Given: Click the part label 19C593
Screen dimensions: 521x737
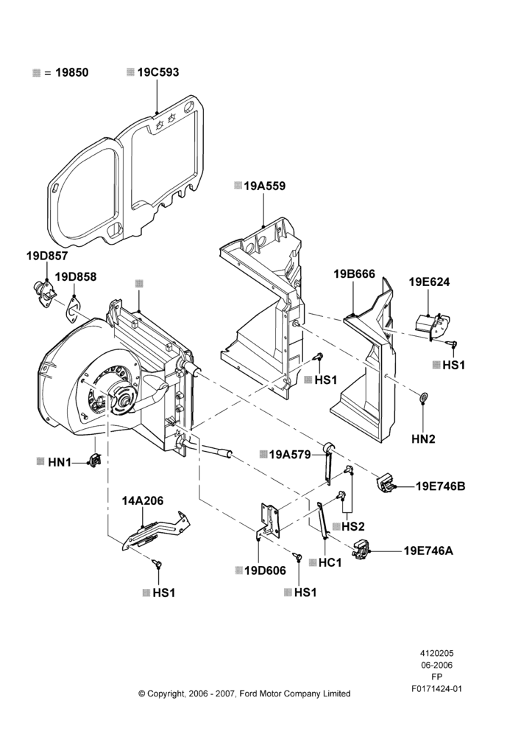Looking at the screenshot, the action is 158,72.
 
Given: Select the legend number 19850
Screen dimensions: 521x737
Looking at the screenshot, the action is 72,73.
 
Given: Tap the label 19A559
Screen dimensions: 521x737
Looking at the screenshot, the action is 264,186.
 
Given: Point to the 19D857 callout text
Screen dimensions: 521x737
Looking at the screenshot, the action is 47,256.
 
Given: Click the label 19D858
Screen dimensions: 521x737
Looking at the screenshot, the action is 76,277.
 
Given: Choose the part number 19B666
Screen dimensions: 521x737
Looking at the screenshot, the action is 355,274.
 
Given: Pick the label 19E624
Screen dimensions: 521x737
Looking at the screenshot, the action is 429,282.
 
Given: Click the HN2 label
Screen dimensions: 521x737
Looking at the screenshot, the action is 423,439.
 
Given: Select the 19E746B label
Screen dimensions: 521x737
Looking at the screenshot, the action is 440,486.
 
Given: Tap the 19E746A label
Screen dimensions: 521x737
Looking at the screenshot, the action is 428,551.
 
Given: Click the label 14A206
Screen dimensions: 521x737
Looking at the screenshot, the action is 143,501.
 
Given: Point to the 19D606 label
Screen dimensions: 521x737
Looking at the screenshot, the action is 265,570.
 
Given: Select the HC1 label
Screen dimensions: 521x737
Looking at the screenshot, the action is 330,562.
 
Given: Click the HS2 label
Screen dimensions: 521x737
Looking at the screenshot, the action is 353,526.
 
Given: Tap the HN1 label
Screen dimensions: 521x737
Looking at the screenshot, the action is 60,463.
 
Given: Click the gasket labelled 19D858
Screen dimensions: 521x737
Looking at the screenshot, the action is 72,310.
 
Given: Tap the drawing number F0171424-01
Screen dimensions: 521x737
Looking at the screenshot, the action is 436,689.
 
